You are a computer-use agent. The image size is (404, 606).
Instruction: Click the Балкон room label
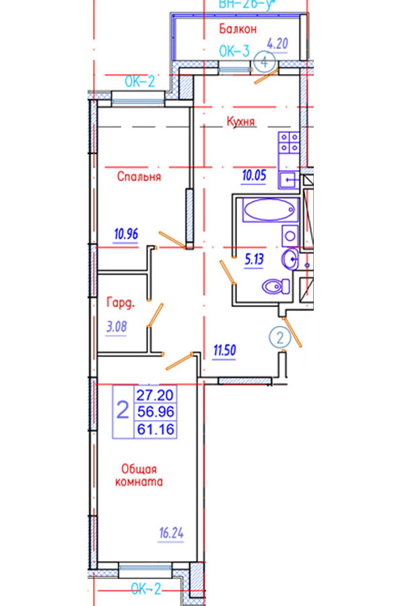pos(238,29)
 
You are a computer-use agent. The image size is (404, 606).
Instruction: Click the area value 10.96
pos(126,234)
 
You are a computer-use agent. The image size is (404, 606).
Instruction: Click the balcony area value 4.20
pos(277,45)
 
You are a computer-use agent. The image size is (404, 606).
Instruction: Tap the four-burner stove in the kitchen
pos(291,143)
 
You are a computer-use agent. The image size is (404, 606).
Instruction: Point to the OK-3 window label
pos(236,50)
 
